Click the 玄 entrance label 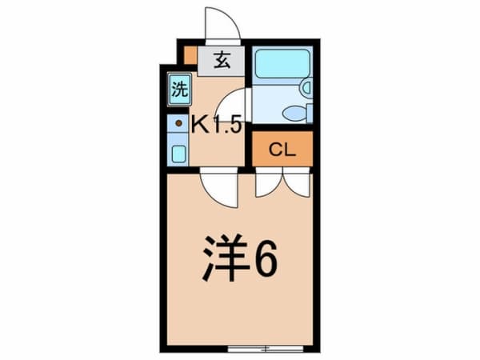[222, 61]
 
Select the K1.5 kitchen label [215, 125]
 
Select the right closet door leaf [298, 184]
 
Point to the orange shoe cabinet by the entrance [190, 56]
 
